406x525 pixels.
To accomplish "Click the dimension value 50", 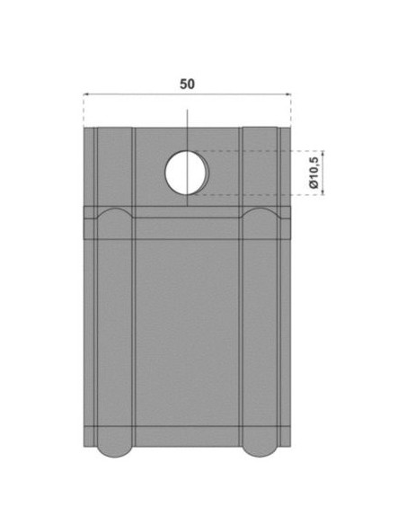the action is click(x=187, y=84).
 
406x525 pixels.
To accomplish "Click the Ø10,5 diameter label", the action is click(x=313, y=173).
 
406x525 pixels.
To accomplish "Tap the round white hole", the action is click(x=187, y=173).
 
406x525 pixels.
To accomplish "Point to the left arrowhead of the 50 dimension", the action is click(x=85, y=94).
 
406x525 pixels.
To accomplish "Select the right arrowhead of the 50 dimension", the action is click(x=288, y=94).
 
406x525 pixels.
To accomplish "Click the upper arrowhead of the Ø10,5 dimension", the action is click(x=322, y=154).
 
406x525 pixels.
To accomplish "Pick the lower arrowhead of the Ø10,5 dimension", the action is click(x=322, y=191).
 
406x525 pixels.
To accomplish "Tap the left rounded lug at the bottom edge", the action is click(x=115, y=451).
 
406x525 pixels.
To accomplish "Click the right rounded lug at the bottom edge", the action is click(x=260, y=451).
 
